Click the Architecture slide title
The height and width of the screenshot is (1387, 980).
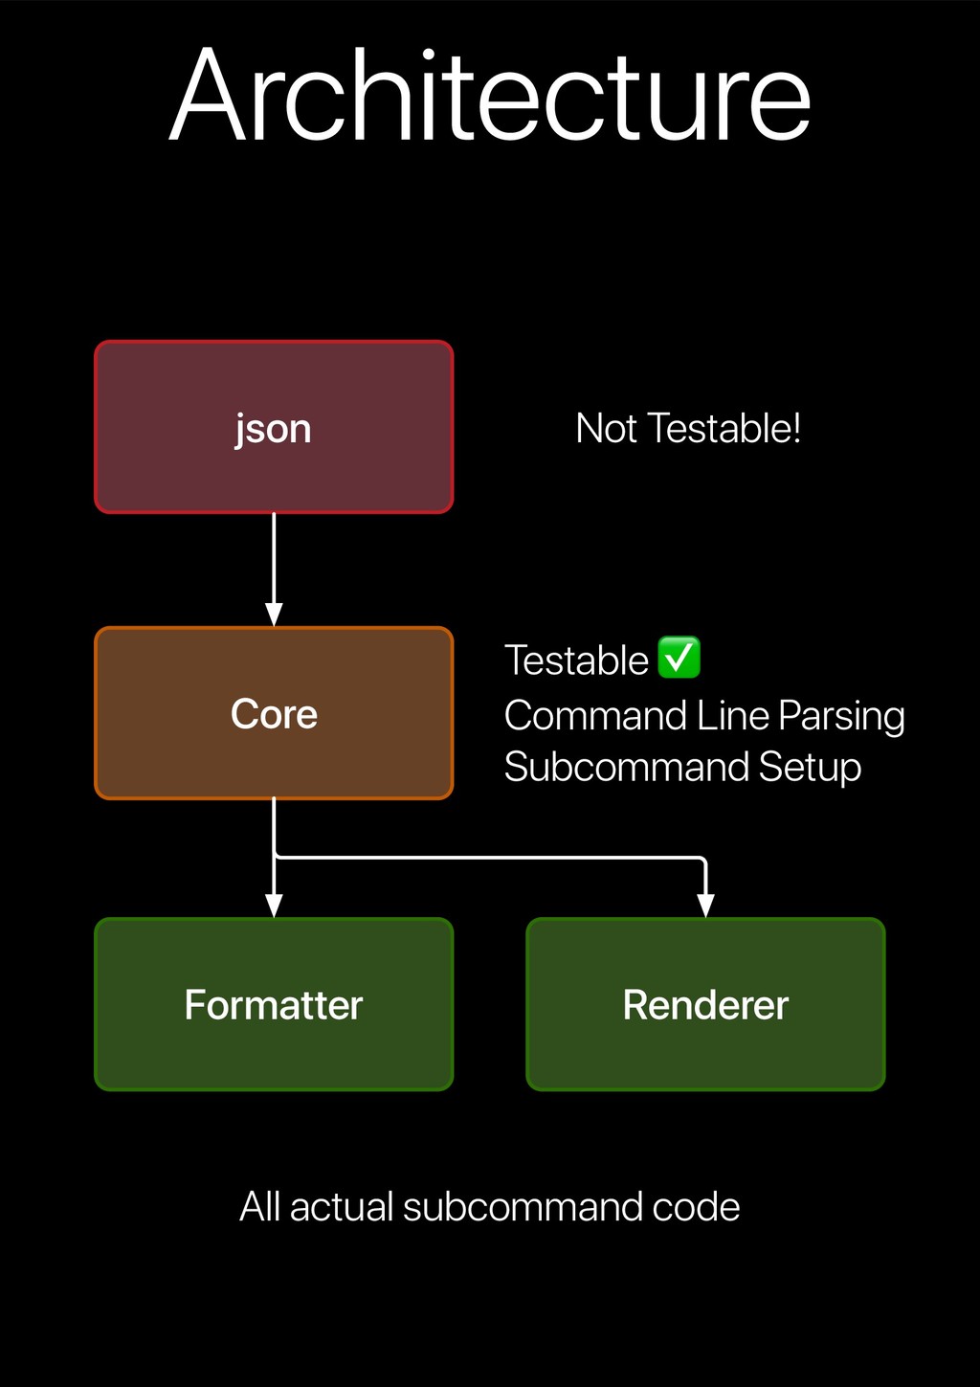click(x=490, y=96)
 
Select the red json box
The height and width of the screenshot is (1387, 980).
click(x=274, y=427)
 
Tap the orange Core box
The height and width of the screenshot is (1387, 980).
click(x=274, y=713)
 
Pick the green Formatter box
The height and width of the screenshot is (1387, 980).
click(x=274, y=1004)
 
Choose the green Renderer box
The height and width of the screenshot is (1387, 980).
click(x=705, y=1004)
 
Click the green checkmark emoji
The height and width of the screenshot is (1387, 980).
click(x=679, y=658)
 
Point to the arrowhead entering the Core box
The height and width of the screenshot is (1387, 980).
click(x=274, y=615)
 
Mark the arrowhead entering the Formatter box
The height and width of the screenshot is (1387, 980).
click(x=274, y=906)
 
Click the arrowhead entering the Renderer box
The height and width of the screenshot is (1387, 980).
click(x=705, y=906)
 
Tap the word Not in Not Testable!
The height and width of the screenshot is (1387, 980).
click(x=606, y=429)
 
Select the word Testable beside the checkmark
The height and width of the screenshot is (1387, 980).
click(x=576, y=660)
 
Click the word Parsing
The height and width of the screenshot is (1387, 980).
click(x=841, y=716)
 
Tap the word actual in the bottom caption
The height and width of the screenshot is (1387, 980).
click(x=342, y=1207)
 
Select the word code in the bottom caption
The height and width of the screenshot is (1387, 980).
click(x=696, y=1207)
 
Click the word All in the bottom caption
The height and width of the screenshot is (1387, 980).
click(x=259, y=1207)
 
